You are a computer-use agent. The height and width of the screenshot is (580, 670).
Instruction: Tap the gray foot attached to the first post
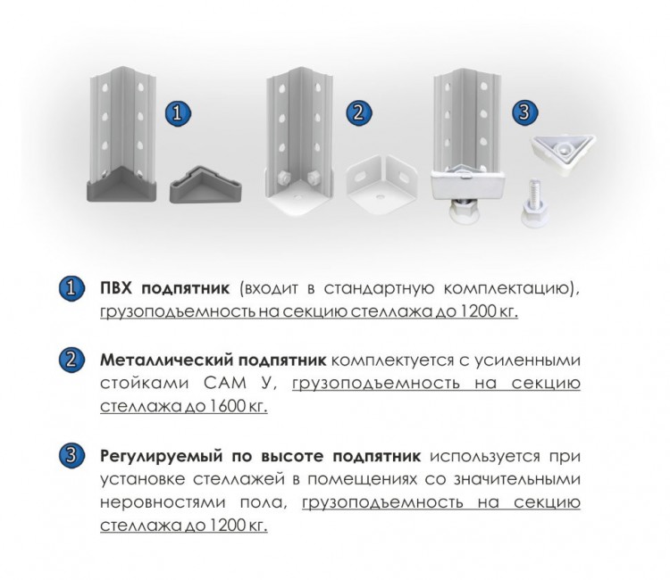pos(120,184)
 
